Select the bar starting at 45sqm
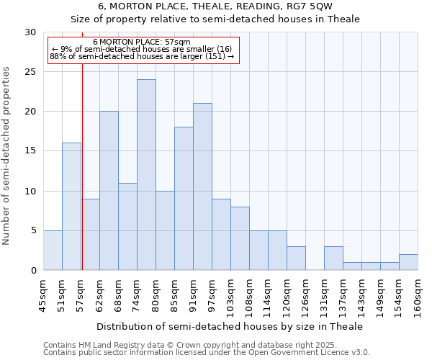point(53,251)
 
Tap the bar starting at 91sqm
point(202,186)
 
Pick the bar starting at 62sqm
point(109,191)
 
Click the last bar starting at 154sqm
point(408,262)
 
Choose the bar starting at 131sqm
point(333,258)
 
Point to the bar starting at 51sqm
point(71,207)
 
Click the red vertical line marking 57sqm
point(82,166)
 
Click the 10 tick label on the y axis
point(31,192)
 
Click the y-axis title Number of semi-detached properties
point(7,156)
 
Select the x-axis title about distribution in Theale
point(229,326)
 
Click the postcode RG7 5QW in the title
point(310,6)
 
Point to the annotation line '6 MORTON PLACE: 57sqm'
point(142,42)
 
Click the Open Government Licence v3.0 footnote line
point(207,353)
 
